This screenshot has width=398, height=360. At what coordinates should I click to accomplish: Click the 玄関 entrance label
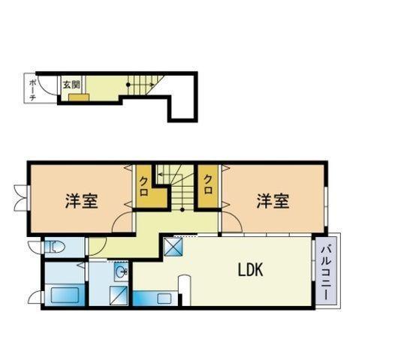71,85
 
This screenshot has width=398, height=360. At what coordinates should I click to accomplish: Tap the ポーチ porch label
32,90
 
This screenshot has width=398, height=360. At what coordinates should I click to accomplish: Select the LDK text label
250,269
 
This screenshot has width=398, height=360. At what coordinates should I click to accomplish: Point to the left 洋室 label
82,201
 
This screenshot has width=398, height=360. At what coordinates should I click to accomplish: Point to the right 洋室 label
273,201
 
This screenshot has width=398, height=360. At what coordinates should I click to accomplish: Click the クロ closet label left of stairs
144,186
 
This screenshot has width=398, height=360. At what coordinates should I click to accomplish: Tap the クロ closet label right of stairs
208,184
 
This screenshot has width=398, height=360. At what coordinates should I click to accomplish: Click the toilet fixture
55,247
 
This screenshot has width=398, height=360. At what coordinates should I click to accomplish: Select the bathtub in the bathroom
65,295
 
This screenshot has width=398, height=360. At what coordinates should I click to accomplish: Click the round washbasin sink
121,272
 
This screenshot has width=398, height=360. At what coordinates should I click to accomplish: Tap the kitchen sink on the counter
164,298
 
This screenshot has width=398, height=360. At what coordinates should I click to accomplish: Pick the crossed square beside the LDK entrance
173,247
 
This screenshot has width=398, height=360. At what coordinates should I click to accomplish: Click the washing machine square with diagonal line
119,295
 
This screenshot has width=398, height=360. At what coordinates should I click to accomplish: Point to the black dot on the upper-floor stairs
182,210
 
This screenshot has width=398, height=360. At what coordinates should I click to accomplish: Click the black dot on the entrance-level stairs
128,85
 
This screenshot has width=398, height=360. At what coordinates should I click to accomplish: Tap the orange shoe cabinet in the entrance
79,97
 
